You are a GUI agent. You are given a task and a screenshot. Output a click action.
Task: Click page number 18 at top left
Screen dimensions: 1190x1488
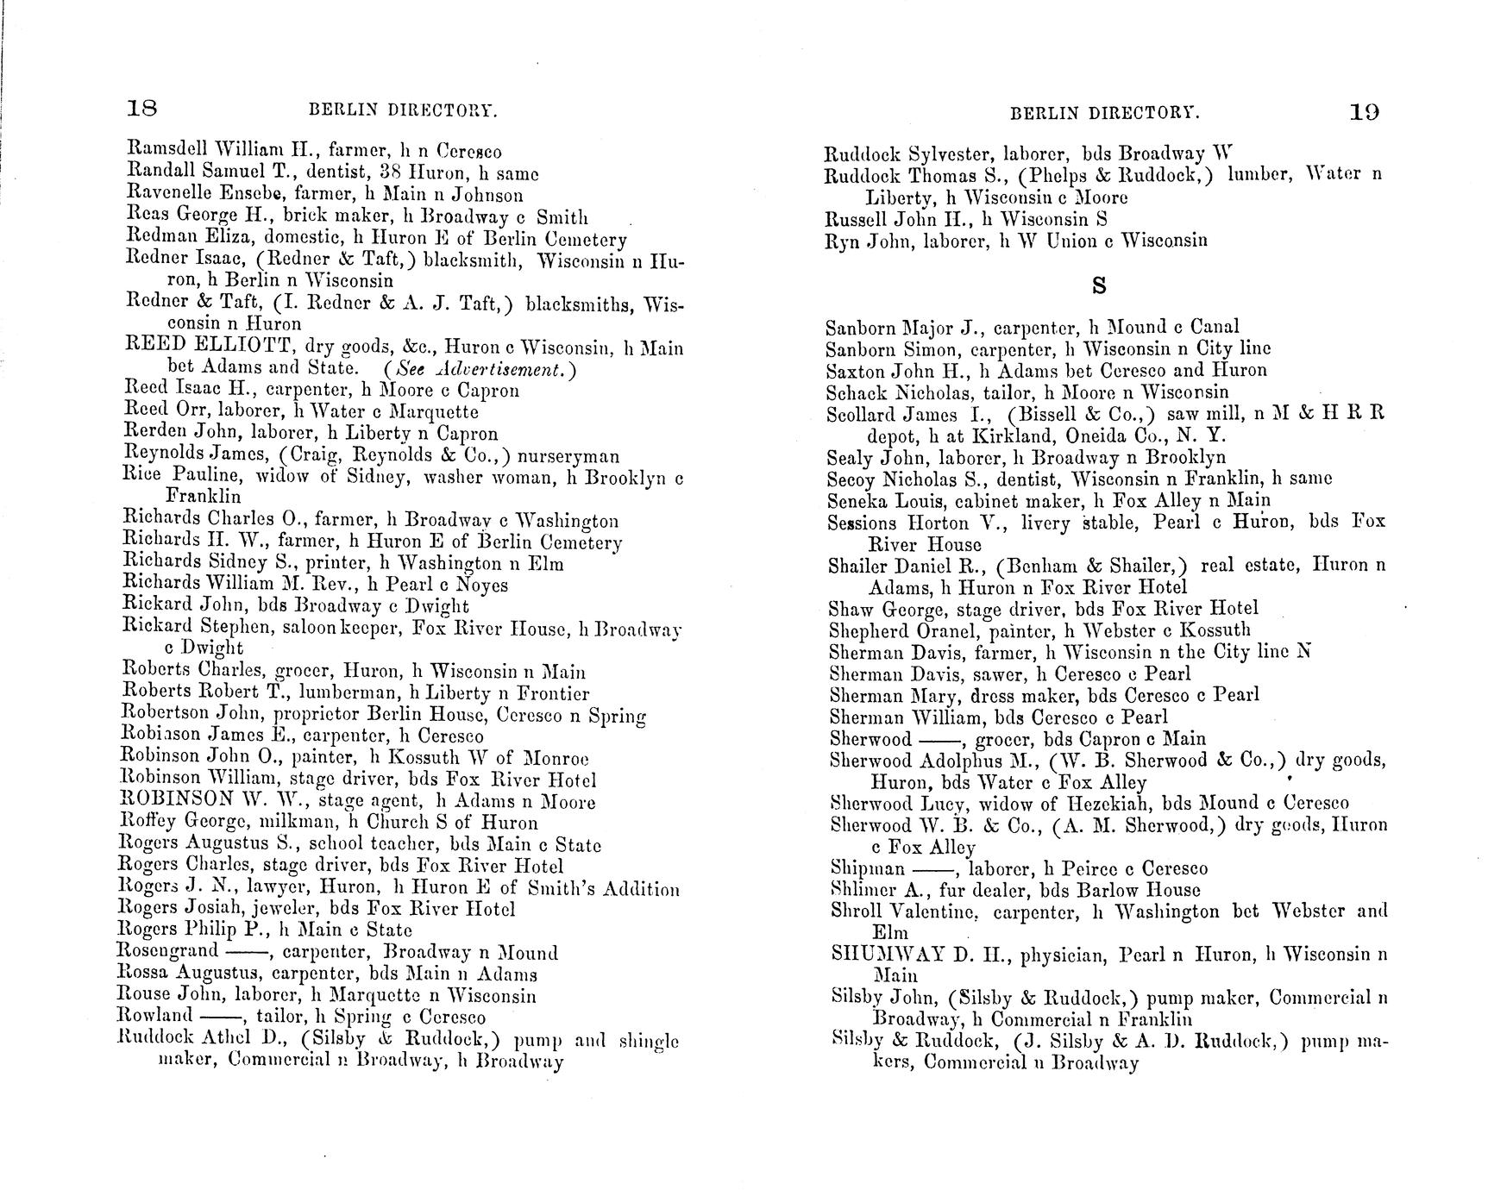coord(141,109)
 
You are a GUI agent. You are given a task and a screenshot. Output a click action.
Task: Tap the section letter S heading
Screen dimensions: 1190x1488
coord(1098,285)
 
